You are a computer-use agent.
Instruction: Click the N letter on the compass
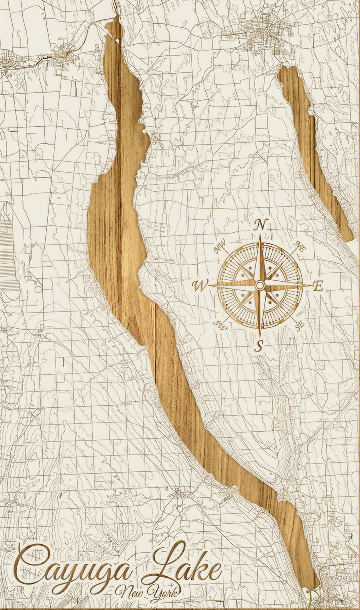260,225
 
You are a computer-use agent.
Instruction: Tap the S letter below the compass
259,345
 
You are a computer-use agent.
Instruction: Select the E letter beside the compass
318,286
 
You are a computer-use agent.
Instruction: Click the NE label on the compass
300,246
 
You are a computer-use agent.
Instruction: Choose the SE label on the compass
299,326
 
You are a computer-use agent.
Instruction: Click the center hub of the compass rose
260,285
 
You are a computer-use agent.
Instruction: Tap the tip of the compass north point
260,236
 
